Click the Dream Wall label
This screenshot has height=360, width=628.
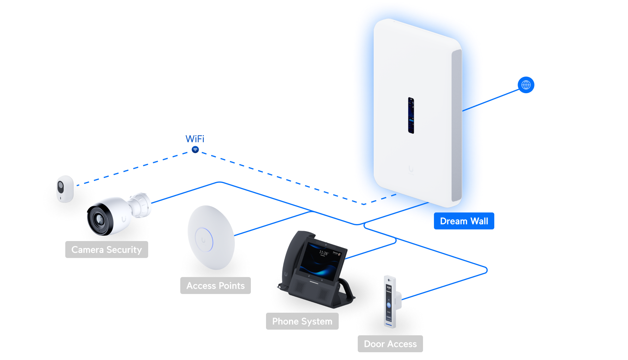(464, 221)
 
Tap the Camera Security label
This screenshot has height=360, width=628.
(107, 250)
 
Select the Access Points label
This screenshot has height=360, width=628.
(216, 286)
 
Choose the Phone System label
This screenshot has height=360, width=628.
(302, 321)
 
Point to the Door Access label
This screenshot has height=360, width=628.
(390, 344)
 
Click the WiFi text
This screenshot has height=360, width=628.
(195, 139)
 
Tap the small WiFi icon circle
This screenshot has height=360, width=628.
(195, 150)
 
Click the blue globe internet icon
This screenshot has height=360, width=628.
(526, 85)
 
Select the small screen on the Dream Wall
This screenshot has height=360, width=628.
(411, 115)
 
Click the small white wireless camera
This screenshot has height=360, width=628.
(65, 188)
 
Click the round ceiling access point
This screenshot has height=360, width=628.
(211, 237)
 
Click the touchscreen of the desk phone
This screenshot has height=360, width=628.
(322, 260)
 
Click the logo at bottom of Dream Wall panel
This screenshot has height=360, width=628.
(411, 169)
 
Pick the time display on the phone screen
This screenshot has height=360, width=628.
(324, 253)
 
